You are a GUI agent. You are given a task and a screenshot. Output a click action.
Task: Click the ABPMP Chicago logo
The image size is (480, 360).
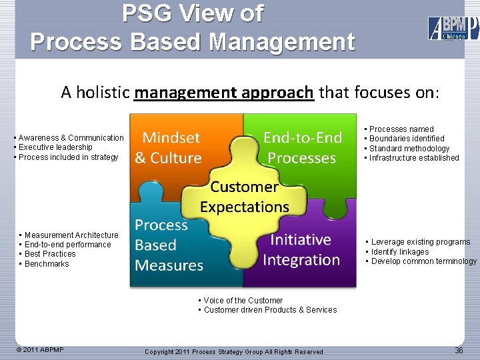(453, 28)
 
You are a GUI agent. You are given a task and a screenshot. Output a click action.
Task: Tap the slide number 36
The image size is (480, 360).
(459, 351)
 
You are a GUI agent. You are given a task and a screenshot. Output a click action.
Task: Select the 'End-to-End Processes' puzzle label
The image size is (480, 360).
(302, 148)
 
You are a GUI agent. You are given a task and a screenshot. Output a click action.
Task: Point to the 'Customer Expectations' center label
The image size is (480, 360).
(244, 197)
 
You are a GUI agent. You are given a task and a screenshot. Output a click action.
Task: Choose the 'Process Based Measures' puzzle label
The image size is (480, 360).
(169, 245)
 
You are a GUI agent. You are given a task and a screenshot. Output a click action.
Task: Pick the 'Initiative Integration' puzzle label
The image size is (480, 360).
(301, 249)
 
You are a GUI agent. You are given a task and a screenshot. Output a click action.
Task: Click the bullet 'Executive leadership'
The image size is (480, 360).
(56, 147)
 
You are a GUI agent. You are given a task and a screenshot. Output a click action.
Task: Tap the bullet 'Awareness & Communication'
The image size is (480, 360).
(71, 138)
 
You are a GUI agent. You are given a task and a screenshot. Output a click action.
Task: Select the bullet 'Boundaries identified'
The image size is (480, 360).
(407, 139)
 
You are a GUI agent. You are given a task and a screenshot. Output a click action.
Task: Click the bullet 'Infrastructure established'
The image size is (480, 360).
(414, 158)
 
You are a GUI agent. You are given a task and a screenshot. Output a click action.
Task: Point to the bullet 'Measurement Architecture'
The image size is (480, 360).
(71, 235)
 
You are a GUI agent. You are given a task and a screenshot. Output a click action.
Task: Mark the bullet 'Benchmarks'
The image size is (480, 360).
(47, 264)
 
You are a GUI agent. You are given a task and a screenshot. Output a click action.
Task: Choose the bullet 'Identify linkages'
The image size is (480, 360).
(400, 252)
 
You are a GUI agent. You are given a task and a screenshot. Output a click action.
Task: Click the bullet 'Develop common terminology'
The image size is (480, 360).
(423, 261)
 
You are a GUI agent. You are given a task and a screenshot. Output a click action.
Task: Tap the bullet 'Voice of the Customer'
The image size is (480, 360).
(243, 301)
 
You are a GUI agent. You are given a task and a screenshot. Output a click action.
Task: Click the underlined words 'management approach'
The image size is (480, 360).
(223, 92)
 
